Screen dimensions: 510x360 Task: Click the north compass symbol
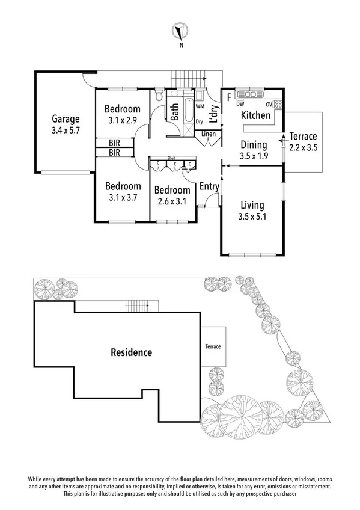pos(180,31)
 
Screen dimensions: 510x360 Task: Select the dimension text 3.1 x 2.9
pos(123,120)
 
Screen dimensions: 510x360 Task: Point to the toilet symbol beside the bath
pos(159,96)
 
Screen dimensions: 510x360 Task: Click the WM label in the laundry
pos(200,106)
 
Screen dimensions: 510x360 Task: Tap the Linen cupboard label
pos(209,134)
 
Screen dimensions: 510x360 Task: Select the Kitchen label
pos(255,115)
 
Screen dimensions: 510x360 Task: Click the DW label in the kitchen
pos(240,104)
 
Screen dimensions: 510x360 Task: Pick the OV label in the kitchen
pos(270,104)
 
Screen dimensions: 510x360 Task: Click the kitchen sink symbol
pos(248,94)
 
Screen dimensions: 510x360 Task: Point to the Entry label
pos(209,186)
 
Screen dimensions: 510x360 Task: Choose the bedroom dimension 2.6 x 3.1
pos(172,202)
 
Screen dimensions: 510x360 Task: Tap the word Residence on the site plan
pos(130,352)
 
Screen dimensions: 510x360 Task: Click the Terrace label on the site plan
pos(212,347)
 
